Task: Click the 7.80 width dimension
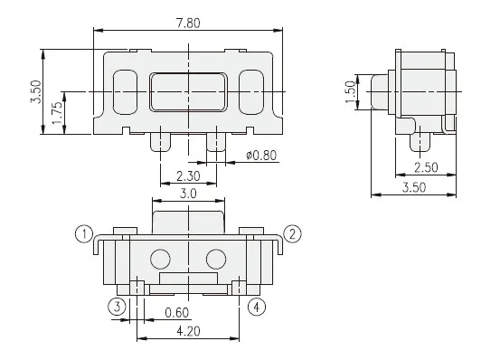click(x=188, y=24)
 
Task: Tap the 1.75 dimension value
click(x=58, y=113)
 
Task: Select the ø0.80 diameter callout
click(x=261, y=156)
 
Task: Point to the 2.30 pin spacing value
click(x=188, y=176)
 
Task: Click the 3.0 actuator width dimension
click(x=188, y=194)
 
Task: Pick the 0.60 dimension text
click(x=177, y=313)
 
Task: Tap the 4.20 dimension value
click(x=188, y=331)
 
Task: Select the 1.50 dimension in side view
click(x=350, y=92)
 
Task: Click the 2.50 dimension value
click(x=426, y=167)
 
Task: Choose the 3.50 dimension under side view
click(x=414, y=187)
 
